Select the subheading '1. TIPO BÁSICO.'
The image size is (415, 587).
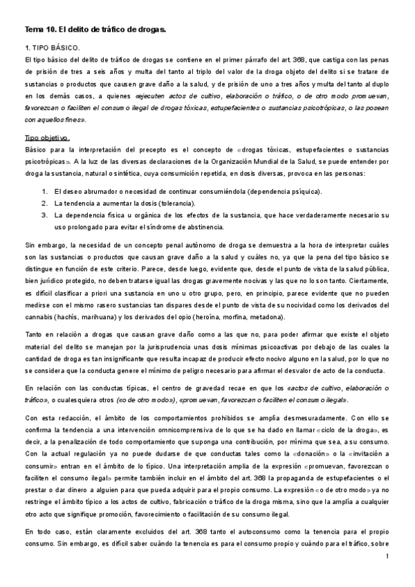(52, 48)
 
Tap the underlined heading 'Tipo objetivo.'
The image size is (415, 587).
(47, 138)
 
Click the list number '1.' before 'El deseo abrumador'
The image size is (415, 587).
(45, 192)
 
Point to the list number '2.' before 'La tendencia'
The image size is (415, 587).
(45, 204)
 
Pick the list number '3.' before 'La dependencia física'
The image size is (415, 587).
(45, 215)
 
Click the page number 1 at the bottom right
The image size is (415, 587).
(389, 557)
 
